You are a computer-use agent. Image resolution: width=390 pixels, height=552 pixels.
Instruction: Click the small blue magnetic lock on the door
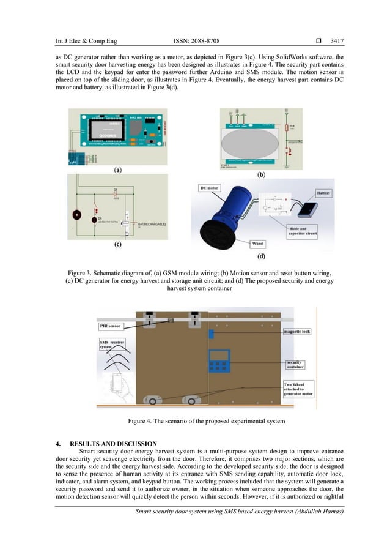211,334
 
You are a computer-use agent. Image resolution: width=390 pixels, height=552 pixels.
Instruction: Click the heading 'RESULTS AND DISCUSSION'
113,444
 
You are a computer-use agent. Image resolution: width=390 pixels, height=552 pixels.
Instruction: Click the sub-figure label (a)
117,170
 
